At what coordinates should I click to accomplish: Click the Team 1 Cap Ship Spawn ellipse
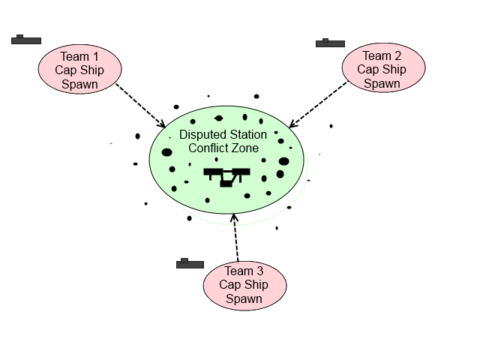pos(79,70)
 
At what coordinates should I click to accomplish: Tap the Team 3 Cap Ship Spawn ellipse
pos(244,284)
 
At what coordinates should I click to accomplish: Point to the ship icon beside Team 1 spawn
pos(25,40)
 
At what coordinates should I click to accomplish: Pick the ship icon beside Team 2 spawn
pos(330,43)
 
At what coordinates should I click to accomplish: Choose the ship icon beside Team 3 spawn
pos(190,264)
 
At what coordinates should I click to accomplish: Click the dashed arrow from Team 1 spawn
pos(140,104)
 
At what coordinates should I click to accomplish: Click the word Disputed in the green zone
pos(203,135)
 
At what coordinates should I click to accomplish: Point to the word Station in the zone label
pos(247,135)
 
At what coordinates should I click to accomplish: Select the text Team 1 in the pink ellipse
pos(79,56)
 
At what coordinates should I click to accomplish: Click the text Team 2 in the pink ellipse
pos(382,56)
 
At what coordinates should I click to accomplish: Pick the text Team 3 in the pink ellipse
pos(244,271)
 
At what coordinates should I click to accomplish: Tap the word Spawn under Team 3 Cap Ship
pos(244,298)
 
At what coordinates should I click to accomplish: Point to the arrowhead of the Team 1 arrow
pos(161,124)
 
